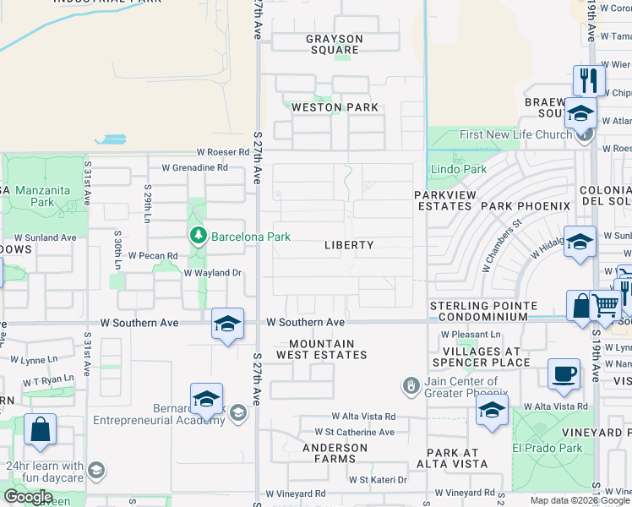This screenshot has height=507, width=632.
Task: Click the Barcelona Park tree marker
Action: (x=199, y=235)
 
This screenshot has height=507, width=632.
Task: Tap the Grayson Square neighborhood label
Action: (x=334, y=44)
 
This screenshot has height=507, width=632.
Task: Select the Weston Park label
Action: (x=335, y=107)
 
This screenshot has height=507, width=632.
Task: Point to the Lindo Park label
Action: (x=459, y=169)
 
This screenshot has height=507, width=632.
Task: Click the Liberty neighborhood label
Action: (x=349, y=245)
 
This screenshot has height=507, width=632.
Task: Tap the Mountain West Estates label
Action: (x=328, y=349)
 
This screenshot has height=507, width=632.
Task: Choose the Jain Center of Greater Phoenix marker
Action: (x=411, y=385)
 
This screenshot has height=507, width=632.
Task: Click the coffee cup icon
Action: (x=564, y=372)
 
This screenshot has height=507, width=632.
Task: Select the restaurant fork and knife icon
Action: (x=589, y=80)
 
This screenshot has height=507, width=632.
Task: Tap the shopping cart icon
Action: (x=605, y=306)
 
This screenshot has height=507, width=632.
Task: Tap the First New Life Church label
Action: (x=515, y=134)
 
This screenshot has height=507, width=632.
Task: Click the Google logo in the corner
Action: (x=29, y=497)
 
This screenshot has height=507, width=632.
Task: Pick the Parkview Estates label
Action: (x=444, y=201)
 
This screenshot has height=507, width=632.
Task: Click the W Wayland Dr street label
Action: (x=213, y=273)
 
